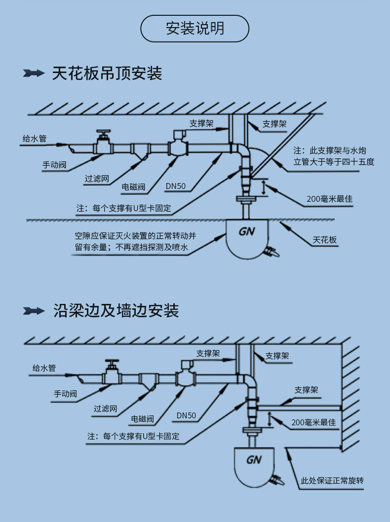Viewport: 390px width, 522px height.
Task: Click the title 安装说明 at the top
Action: (195, 28)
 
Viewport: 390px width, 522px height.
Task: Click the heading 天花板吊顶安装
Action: (107, 74)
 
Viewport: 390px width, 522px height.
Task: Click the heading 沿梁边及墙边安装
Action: (116, 310)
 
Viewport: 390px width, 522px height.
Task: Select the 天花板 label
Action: (324, 240)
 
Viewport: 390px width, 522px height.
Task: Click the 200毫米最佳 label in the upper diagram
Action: (329, 199)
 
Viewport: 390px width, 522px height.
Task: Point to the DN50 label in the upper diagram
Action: (175, 186)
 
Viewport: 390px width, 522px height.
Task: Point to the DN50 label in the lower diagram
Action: (186, 415)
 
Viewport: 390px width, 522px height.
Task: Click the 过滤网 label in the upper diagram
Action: (97, 179)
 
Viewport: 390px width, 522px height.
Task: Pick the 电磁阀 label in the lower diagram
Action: (142, 419)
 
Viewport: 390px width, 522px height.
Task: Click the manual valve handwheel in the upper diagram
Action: (103, 133)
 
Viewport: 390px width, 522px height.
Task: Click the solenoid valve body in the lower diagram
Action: (185, 378)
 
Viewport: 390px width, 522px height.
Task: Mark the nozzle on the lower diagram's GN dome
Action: (276, 480)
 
